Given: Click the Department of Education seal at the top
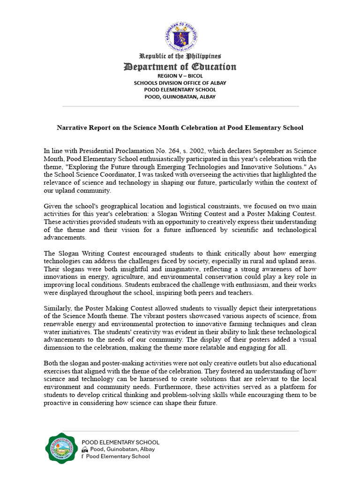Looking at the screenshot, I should (180, 35).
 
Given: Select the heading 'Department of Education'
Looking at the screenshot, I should (180, 67).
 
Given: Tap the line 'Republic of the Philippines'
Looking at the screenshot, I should (180, 56).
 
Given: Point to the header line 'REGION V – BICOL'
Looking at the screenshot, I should (180, 75).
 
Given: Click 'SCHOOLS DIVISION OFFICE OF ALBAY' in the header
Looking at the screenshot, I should (180, 82).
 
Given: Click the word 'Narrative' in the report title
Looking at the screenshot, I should (73, 127).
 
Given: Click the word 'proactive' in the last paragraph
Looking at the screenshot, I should (59, 403).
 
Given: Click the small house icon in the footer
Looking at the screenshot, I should (84, 449).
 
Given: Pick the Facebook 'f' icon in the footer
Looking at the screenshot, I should (83, 456).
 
